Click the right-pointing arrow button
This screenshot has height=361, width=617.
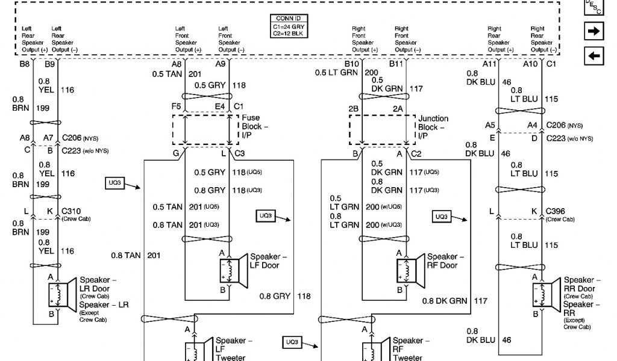pos(594,32)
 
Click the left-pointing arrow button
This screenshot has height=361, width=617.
pos(594,56)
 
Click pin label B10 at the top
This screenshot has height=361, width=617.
pos(351,64)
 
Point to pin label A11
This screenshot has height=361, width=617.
pos(489,64)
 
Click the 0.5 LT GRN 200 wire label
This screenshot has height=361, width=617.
pos(346,72)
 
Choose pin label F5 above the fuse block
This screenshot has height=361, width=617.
pos(176,106)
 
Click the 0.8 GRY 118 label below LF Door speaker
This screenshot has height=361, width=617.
pos(285,296)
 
